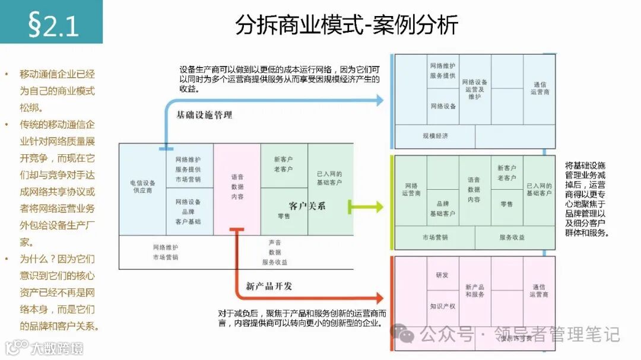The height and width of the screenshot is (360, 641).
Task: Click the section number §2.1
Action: point(53,25)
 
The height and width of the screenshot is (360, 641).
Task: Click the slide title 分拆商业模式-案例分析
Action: point(347,25)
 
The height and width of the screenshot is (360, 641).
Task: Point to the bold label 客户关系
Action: point(307,206)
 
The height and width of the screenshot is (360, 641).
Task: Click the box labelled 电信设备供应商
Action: point(142,187)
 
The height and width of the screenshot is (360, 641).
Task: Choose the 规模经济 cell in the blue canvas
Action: point(435,136)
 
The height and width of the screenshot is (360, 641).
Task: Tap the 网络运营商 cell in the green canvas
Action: point(411,190)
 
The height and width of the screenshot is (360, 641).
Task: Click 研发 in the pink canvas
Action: point(442,275)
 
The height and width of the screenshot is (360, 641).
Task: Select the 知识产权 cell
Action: point(442,306)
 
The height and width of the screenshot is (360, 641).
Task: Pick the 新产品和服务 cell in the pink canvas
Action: point(475,291)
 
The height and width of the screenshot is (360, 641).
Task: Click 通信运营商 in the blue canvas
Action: point(540,88)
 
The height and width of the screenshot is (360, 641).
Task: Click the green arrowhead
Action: point(378,207)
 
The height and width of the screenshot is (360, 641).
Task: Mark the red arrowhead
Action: point(379,297)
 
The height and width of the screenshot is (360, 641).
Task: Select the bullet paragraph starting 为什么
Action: point(57,292)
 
